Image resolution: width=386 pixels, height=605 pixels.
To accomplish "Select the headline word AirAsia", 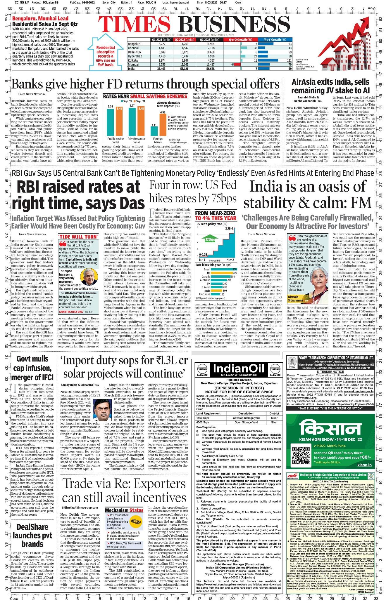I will (307, 82).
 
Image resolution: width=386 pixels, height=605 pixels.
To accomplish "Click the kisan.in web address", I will (364, 473).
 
